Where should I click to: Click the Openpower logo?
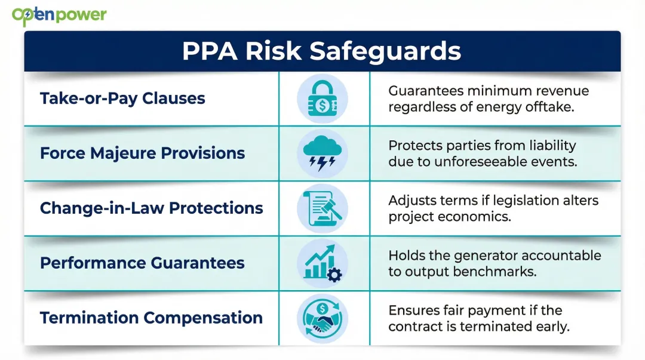[x=59, y=16]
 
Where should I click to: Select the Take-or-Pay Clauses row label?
[x=122, y=99]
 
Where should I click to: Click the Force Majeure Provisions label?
[x=142, y=153]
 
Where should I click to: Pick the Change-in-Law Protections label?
[x=151, y=208]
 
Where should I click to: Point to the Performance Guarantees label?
[x=142, y=263]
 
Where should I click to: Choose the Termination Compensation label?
[x=151, y=318]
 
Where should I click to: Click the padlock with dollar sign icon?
[x=322, y=99]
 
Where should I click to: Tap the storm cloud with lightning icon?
[x=322, y=153]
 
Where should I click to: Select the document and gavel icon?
[x=322, y=208]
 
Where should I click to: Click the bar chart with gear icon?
[x=322, y=264]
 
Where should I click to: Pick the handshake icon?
[x=322, y=318]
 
